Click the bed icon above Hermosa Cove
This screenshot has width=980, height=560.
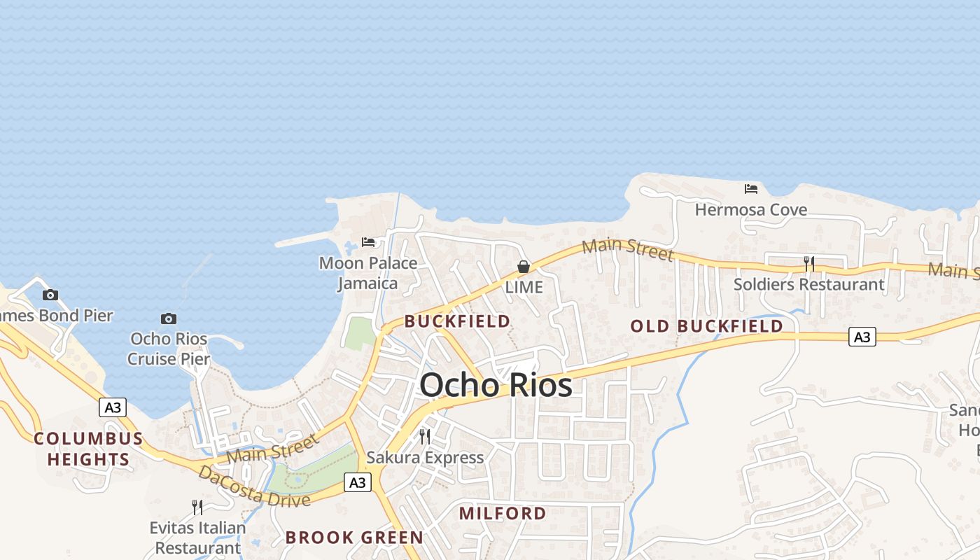coord(751,189)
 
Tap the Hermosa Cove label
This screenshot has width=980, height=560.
coord(750,209)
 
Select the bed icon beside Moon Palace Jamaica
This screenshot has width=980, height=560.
coord(368,242)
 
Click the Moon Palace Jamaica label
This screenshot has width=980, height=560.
coord(368,273)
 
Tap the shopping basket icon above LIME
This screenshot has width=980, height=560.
coord(523,267)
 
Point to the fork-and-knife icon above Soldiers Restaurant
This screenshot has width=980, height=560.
coord(809,264)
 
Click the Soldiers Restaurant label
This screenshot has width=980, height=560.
coord(808,284)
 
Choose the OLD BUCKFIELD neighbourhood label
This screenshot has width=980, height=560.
coord(706,326)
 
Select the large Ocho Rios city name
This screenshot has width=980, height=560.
coord(496,385)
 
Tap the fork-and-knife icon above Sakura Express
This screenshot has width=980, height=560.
coord(425,437)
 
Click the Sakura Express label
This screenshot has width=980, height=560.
coord(425,458)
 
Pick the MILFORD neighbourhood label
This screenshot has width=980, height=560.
coord(503,513)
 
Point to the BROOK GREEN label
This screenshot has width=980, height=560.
coord(354,538)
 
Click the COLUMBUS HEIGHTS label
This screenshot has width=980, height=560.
coord(88,449)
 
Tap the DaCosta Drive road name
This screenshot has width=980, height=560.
coord(254,486)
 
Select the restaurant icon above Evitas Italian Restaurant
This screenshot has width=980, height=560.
coord(197,507)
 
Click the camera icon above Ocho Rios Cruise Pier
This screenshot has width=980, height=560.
coord(169,319)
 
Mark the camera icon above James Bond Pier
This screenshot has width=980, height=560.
coord(50,295)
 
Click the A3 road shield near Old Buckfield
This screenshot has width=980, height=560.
coord(862,337)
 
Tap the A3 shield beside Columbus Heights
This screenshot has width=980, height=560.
coord(112,407)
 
